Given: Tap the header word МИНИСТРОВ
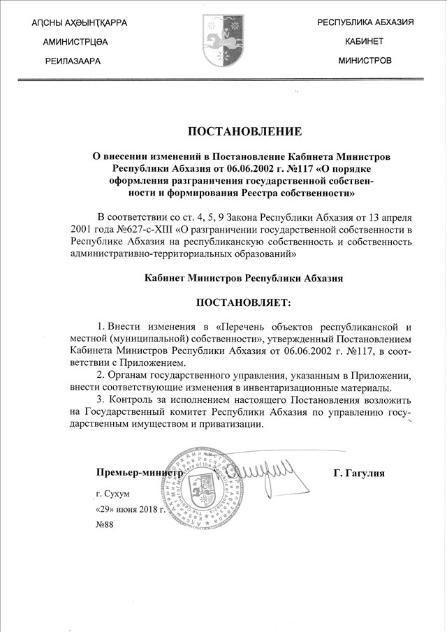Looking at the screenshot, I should (365, 61).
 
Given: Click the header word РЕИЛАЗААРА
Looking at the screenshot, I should (73, 61).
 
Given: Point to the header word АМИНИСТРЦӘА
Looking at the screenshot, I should (75, 43).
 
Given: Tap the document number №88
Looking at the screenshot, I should (104, 524).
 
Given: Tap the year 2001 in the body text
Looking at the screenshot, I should (82, 229).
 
